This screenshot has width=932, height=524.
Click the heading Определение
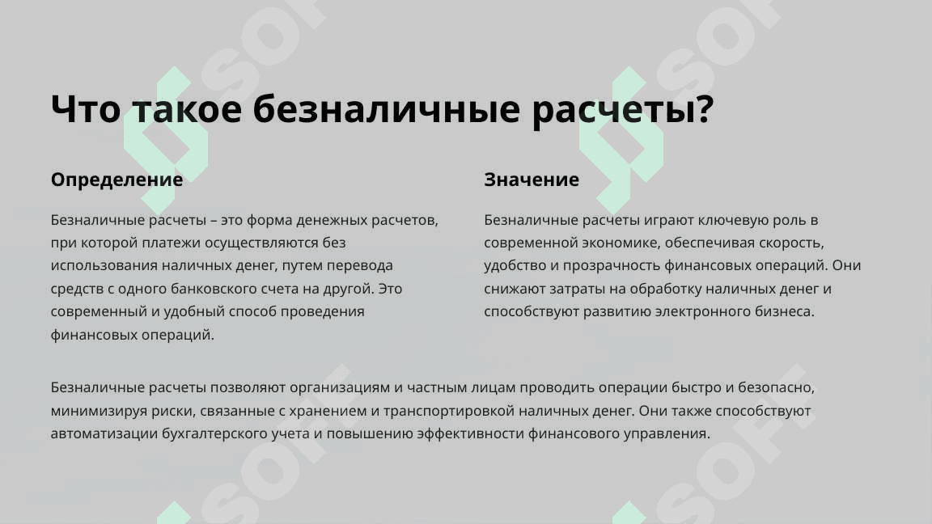(x=116, y=180)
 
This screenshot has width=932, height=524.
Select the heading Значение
(x=532, y=180)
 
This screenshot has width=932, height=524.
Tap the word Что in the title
(x=86, y=108)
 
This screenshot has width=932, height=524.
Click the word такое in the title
(x=187, y=110)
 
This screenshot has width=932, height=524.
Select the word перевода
(x=359, y=266)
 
